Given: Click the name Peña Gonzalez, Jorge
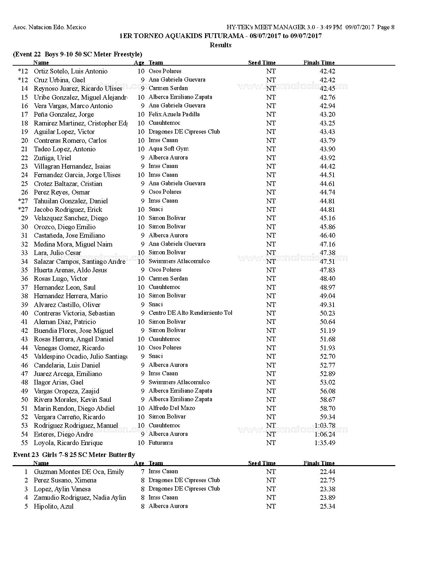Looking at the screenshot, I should (x=64, y=115).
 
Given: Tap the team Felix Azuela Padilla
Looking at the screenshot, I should (x=174, y=114).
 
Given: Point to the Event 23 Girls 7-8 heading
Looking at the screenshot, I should (x=74, y=455).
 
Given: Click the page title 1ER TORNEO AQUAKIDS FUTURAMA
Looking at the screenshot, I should (x=220, y=36).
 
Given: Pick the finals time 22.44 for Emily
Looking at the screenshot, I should (x=327, y=472).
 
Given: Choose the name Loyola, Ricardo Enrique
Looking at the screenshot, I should (x=68, y=443).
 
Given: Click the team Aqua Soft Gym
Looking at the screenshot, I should (x=168, y=149).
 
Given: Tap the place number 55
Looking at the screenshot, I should (x=24, y=443).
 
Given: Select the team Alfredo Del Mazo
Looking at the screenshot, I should (x=172, y=408).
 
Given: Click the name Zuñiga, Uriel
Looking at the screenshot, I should (x=52, y=158).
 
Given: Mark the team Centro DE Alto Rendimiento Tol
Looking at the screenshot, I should (x=190, y=313).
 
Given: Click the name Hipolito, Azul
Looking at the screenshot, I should (x=53, y=506).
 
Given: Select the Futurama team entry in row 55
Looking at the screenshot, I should (x=161, y=443).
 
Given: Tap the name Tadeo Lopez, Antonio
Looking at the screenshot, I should (x=65, y=149).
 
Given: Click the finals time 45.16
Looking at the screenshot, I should (x=327, y=218).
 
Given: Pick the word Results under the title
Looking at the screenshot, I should (x=220, y=45).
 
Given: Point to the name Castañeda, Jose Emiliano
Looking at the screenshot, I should (x=69, y=235).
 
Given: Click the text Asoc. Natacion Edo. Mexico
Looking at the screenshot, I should (x=50, y=27).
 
